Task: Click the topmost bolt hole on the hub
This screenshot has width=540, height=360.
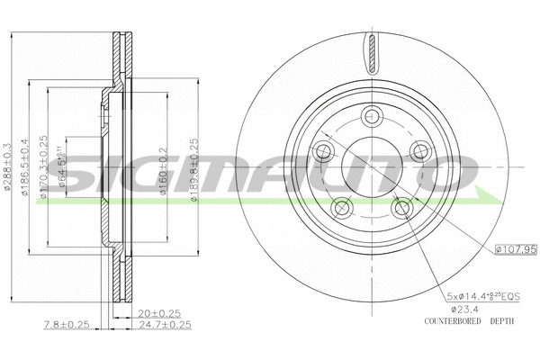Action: (x=370, y=116)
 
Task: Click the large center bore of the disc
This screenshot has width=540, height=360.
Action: (x=370, y=167)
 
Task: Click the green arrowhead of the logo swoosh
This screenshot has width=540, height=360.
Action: (x=492, y=196)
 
